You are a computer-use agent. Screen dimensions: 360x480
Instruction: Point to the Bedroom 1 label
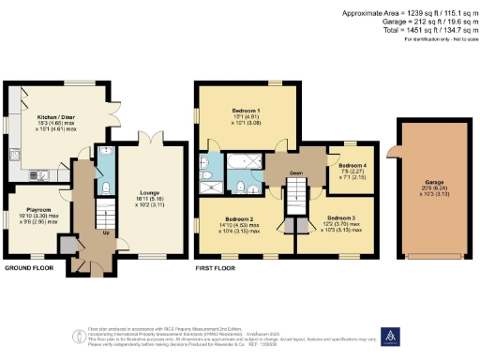click(247, 110)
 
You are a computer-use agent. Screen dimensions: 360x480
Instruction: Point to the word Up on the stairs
click(104, 232)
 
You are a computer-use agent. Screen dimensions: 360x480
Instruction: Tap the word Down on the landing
click(294, 173)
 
